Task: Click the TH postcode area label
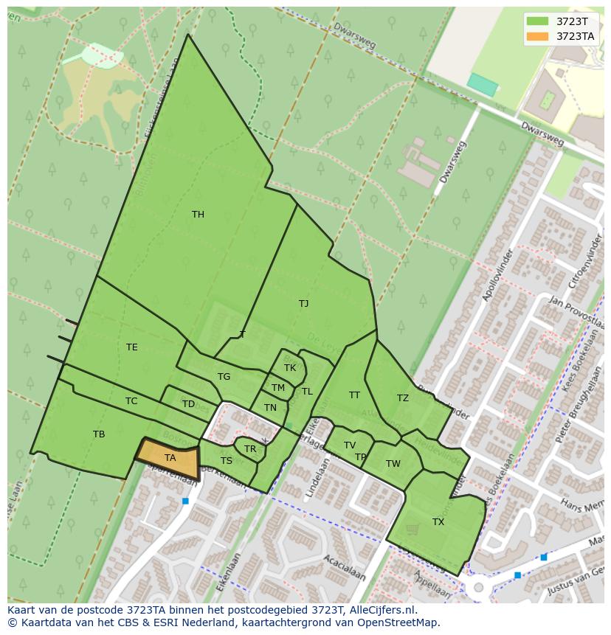coord(198,215)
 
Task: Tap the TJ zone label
coord(303,303)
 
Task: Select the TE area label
coord(131,347)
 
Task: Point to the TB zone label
coord(99,434)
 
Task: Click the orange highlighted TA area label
coord(170,458)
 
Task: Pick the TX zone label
coord(438,522)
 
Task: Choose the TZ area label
coord(402,398)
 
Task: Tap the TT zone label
coord(354,395)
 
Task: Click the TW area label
coord(393,464)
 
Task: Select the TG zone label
coord(224,377)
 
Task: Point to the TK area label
coord(290,368)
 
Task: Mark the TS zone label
coord(227,461)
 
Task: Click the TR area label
coord(250,449)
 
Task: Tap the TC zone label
coord(131,401)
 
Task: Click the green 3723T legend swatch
coord(537,21)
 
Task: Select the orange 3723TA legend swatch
coord(537,36)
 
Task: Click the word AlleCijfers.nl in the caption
coord(383,610)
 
